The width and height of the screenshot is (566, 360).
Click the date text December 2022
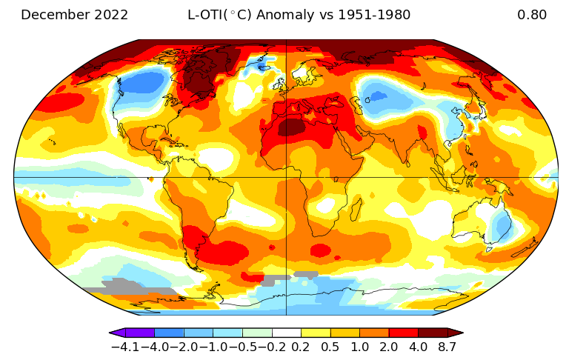click(74, 15)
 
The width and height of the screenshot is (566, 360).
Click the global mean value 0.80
click(532, 15)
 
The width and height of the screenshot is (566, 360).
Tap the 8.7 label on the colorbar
click(447, 346)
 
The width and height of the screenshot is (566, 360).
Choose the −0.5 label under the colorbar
click(242, 346)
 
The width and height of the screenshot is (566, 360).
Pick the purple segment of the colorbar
click(139, 333)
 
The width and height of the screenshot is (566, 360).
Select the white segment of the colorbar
click(286, 333)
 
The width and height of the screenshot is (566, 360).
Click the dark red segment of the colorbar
click(433, 333)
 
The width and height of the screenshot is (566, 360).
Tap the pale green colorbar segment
click(257, 333)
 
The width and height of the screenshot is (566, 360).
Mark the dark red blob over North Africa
click(291, 127)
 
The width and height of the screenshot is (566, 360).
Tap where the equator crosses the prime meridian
click(286, 178)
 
